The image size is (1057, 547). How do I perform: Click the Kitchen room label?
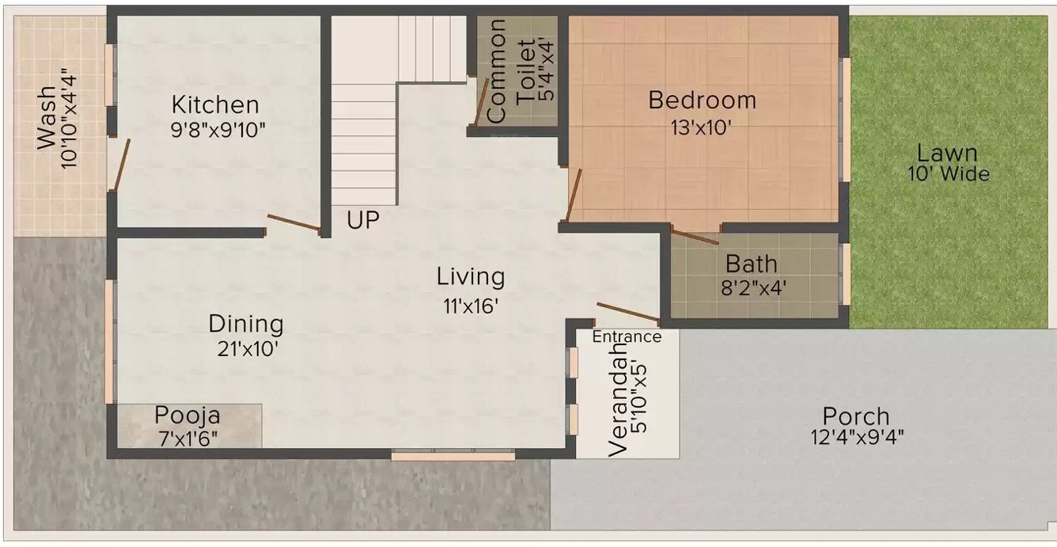coord(215,104)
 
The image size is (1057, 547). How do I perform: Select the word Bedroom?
coord(702,101)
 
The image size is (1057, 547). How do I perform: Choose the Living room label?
coord(471,277)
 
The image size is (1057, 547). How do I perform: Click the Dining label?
coord(246,324)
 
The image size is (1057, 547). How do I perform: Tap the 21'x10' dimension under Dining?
coord(248,349)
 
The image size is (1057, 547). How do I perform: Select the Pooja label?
coord(188,415)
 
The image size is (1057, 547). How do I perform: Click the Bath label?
coord(752,263)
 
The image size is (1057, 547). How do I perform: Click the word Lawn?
coord(947,153)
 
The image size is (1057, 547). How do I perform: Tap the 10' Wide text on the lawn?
coord(949,173)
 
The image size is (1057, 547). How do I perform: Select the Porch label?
coord(856,416)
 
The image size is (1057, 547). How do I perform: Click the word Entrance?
coord(627,336)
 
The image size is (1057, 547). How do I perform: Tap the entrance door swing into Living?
coord(627,312)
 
